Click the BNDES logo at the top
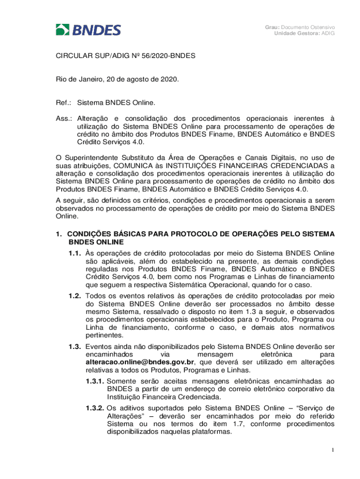point(88,30)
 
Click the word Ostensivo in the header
point(320,27)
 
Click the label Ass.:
point(64,118)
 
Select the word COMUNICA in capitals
point(142,165)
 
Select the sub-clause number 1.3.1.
point(95,381)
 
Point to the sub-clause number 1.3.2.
point(95,408)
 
